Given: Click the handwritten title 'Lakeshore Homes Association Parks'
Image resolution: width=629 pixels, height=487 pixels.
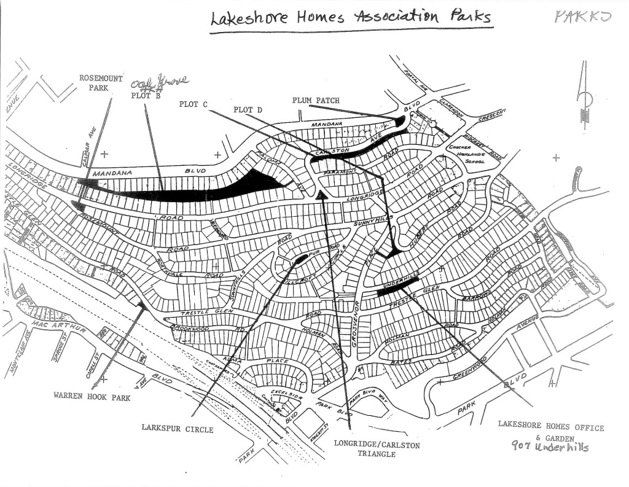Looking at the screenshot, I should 351,17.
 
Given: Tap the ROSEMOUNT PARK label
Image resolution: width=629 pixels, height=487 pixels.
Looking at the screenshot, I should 101,83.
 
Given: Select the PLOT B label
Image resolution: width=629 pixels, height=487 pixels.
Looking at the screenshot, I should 144,96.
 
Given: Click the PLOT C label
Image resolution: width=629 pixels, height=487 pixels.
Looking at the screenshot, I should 193,104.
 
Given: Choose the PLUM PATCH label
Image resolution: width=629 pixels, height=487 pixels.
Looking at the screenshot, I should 316,100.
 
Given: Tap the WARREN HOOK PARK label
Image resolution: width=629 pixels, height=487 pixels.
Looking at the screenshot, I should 92,397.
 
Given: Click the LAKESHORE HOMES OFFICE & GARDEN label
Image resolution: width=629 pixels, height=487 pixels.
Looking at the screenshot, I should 551,432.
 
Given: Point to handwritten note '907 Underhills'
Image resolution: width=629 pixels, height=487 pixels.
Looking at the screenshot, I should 550,448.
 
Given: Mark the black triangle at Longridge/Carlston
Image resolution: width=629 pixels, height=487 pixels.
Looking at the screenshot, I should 320,195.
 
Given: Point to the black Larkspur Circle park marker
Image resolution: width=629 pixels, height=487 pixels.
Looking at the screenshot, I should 300,259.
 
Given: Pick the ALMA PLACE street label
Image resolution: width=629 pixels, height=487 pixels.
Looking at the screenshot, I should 258,362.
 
